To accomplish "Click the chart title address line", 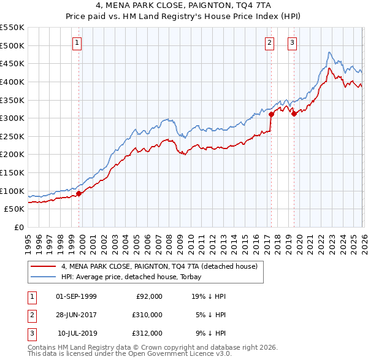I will coord(183,5).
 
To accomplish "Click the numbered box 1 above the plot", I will coord(77,42).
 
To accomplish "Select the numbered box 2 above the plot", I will coord(269,42).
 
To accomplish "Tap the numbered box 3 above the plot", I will coord(292,42).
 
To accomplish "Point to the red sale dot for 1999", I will coord(79,194).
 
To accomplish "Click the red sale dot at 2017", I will coord(271,114).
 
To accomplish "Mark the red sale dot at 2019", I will coord(294,114).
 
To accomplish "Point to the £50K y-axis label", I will coord(15,209).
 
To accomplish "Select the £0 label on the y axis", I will coord(20,227).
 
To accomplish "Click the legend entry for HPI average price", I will coord(145,277).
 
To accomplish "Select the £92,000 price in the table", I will coord(149,296).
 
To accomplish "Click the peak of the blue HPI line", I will coord(329,52).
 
